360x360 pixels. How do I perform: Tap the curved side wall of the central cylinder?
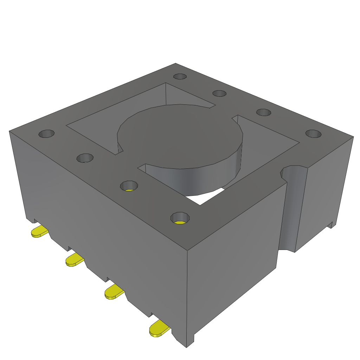click(x=197, y=179)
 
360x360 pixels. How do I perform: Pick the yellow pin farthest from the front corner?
click(x=40, y=231)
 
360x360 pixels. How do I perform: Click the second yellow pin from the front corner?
click(x=114, y=292)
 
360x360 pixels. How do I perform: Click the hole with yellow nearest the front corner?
click(x=180, y=218)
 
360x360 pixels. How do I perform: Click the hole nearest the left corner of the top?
click(x=46, y=134)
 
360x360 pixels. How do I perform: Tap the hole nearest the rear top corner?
click(x=180, y=77)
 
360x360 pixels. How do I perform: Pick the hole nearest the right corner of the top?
click(x=313, y=134)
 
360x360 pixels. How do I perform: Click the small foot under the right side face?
click(x=330, y=225)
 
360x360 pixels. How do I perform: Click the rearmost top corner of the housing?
click(x=175, y=64)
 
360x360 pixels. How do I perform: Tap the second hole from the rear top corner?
click(x=219, y=93)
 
